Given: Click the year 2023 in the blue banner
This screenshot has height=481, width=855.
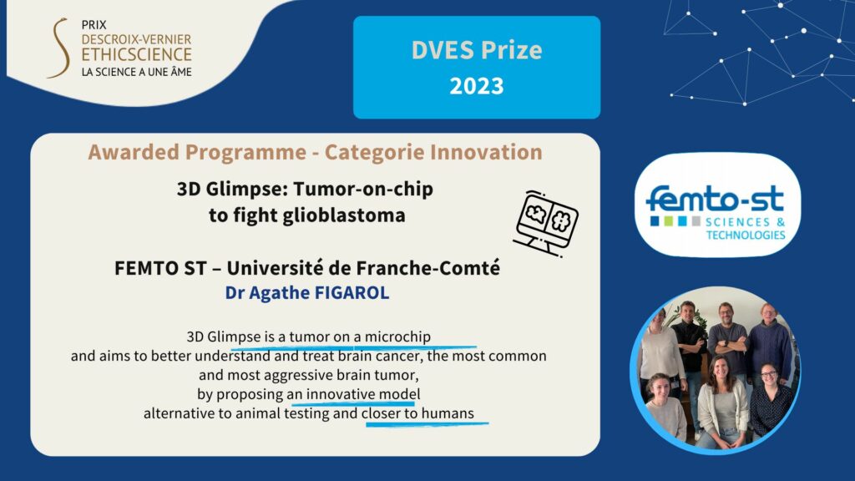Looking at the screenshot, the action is (x=477, y=86).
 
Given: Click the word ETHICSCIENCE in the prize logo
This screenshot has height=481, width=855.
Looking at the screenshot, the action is (x=136, y=54).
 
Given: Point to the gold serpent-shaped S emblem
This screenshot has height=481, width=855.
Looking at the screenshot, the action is (x=59, y=48).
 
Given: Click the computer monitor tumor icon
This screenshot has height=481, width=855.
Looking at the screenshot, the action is (x=545, y=222).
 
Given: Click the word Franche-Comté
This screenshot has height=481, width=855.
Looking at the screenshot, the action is (x=428, y=268).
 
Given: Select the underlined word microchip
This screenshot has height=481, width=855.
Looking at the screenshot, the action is (x=397, y=337).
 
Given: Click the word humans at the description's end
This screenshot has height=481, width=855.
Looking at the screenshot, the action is (x=448, y=413).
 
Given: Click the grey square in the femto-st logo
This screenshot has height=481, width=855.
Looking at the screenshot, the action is (x=696, y=220).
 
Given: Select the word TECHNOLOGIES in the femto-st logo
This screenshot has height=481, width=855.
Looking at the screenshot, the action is (x=746, y=235).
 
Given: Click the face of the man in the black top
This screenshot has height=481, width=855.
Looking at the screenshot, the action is (x=688, y=312).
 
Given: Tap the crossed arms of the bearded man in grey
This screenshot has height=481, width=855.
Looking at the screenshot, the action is (x=727, y=345).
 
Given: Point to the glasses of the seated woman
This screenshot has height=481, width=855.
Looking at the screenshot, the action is (x=768, y=375).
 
